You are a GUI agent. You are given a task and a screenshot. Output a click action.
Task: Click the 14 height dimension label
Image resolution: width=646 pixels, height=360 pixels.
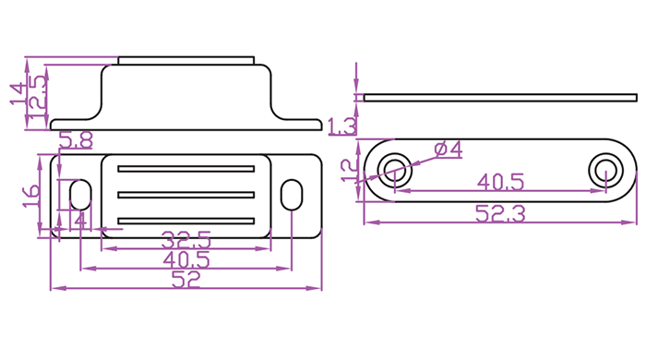[18, 94]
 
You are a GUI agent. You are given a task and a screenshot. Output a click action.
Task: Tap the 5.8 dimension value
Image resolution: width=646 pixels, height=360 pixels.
[76, 140]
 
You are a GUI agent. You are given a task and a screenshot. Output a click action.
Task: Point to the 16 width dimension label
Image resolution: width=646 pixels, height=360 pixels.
[31, 196]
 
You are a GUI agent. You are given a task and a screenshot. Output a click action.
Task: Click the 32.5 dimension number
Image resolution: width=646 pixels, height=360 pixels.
[186, 240]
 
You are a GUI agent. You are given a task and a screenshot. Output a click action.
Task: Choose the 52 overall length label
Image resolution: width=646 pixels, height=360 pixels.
[185, 280]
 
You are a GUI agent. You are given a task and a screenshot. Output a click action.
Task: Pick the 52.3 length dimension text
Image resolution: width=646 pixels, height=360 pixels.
[500, 214]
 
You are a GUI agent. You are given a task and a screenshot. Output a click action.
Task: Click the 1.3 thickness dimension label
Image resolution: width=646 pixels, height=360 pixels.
[342, 126]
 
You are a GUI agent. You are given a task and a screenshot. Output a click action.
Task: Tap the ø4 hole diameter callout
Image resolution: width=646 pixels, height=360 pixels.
[449, 150]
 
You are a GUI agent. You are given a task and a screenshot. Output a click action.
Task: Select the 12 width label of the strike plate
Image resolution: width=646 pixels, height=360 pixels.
[350, 171]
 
